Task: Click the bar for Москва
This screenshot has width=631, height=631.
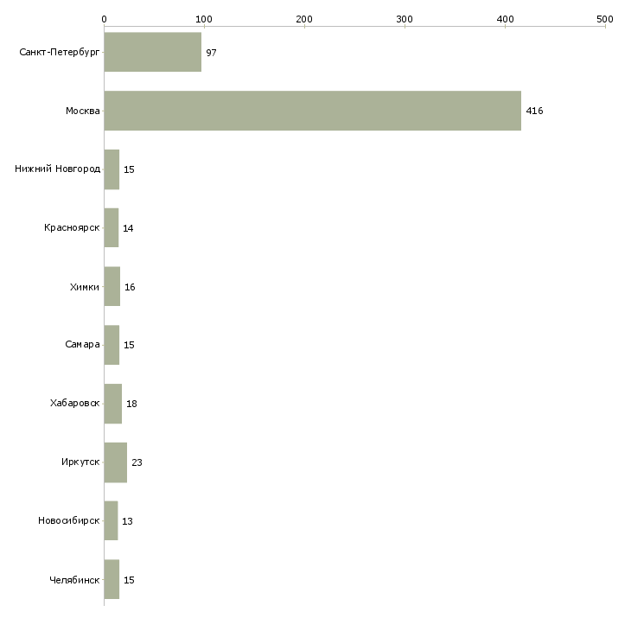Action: [x=313, y=111]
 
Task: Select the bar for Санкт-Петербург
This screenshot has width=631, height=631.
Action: [x=153, y=52]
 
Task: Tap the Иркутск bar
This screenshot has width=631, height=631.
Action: [x=116, y=462]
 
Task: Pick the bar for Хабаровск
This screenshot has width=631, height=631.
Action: [x=113, y=404]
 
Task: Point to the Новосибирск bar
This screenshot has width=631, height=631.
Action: [x=111, y=520]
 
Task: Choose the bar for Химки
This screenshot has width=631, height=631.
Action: [x=112, y=286]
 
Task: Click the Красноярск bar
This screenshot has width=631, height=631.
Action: [x=112, y=228]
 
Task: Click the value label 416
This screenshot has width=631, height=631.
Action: [x=534, y=111]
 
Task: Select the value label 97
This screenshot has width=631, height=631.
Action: [x=211, y=53]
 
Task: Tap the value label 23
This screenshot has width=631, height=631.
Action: [x=137, y=462]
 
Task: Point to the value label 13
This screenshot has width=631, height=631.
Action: [x=127, y=521]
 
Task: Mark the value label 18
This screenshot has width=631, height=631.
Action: [x=131, y=404]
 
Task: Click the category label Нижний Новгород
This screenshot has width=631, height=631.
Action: [x=58, y=169]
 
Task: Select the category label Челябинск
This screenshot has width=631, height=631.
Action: [x=74, y=580]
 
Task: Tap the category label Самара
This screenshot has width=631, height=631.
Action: [x=82, y=345]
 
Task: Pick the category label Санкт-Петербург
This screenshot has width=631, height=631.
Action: [x=60, y=53]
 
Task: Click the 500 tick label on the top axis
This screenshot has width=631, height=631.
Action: [x=605, y=19]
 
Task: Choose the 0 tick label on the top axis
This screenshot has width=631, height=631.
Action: [x=105, y=19]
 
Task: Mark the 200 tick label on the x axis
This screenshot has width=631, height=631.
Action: [x=304, y=19]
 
